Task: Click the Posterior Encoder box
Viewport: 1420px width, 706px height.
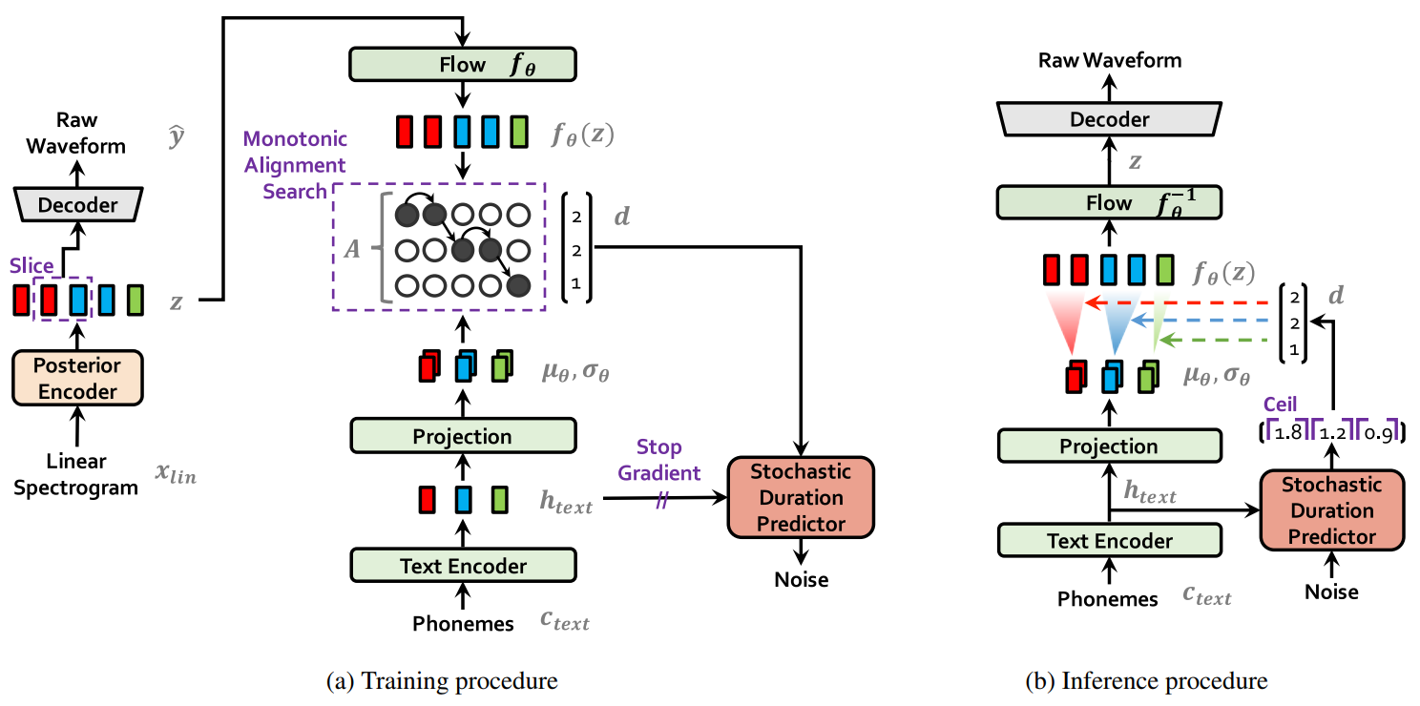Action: (77, 378)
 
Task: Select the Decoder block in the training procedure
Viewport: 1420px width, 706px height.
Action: (77, 204)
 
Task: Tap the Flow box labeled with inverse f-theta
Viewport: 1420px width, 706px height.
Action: (1108, 202)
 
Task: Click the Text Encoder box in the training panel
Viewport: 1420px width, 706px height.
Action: (463, 566)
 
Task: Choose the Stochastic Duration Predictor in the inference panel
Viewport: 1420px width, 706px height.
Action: (1331, 510)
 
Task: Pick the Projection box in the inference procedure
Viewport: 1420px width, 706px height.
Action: (1108, 446)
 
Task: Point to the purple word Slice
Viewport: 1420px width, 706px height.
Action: (31, 266)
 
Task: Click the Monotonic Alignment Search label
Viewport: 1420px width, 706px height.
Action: (285, 165)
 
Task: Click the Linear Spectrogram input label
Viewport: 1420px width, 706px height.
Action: (77, 474)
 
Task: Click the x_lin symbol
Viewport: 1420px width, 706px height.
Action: (176, 473)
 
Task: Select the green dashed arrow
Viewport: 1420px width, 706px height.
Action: (1222, 341)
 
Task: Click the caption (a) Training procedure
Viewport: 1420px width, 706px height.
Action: (442, 681)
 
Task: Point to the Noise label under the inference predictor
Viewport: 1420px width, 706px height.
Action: (1331, 592)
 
